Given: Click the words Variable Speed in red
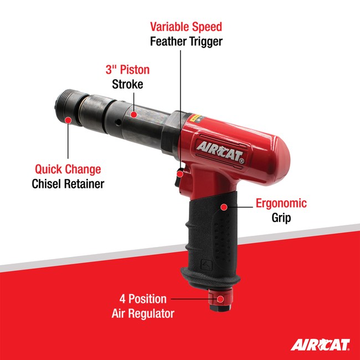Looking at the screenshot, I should pos(187,27).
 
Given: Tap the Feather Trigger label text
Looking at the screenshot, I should pos(187,41).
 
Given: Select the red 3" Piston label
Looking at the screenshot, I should pos(127,71).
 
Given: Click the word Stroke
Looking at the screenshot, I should pos(127,85).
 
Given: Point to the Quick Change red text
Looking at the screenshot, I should pos(68,169).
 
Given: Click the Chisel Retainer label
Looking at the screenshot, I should pos(68,184).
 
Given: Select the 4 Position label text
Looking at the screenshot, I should pos(142,299).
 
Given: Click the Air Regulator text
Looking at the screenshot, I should pos(142,313).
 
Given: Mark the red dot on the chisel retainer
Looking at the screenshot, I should pos(68,119).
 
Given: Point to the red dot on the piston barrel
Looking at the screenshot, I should pos(133,114).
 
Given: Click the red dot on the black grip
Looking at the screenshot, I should pos(224,207).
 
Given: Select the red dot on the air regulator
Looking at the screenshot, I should pos(221,299).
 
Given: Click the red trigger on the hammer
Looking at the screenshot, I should pos(181,176).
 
